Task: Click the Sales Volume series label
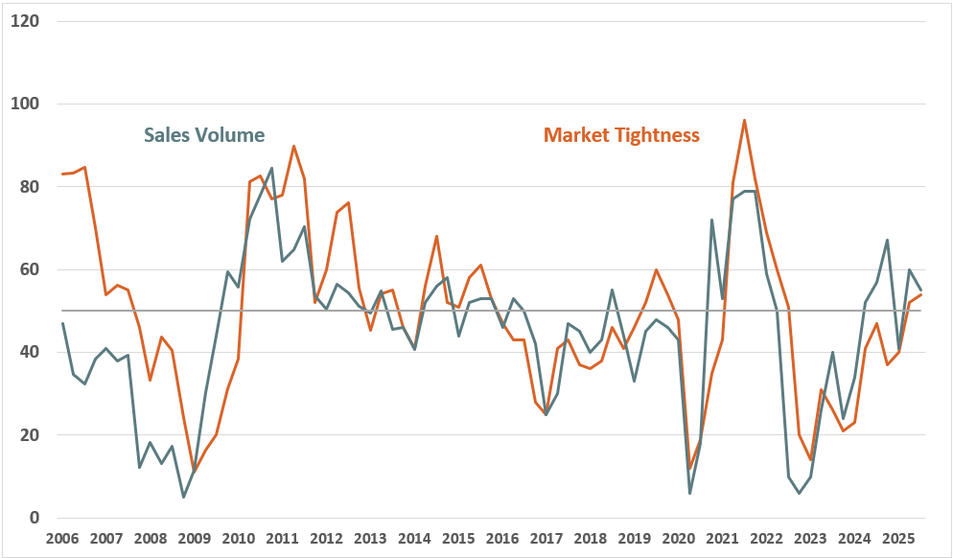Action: (204, 135)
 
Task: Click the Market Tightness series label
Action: (621, 135)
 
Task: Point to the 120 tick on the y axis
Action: (26, 20)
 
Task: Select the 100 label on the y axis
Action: (26, 104)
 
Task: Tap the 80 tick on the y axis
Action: (31, 186)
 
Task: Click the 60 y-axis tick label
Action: (31, 269)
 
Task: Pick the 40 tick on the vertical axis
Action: (31, 352)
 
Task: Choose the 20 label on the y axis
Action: (31, 435)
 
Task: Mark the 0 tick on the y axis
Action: (35, 518)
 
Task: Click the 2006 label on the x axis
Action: (63, 538)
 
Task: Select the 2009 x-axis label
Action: (195, 538)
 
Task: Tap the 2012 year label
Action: (326, 538)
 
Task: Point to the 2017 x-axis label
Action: (546, 538)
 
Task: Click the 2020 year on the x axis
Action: (677, 538)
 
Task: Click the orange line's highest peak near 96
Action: (744, 120)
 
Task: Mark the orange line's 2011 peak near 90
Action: (293, 146)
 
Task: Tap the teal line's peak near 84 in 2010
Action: (271, 169)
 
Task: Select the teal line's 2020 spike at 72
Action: (711, 220)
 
